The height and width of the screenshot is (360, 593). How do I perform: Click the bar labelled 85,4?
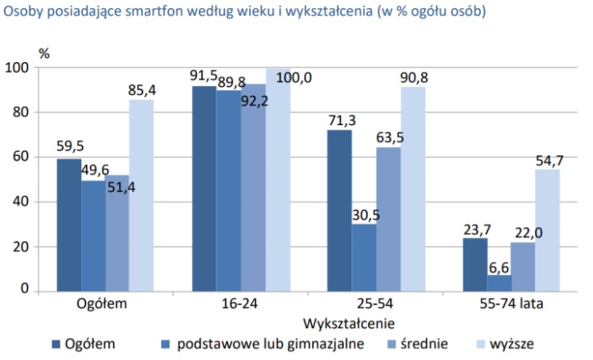(x=142, y=194)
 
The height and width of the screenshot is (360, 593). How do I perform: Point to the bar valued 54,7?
(x=547, y=229)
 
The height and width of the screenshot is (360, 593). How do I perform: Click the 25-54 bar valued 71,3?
(x=339, y=210)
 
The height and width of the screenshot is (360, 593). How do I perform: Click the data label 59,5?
(x=69, y=147)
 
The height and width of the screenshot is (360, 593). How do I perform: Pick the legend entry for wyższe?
(x=510, y=344)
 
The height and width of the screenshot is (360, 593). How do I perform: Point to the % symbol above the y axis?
(x=45, y=53)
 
